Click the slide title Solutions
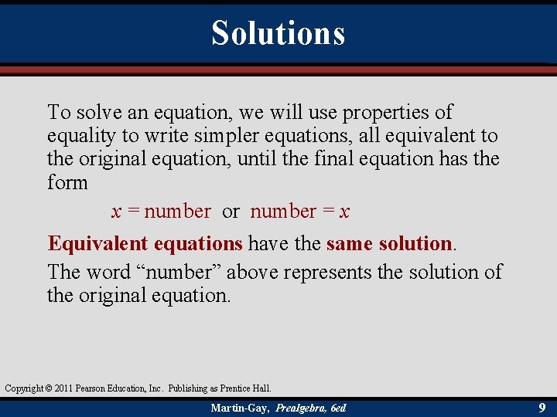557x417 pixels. [278, 33]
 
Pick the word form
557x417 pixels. [67, 183]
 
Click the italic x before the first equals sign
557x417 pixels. [116, 212]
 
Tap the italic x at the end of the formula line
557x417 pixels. [344, 212]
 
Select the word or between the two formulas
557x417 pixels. [231, 212]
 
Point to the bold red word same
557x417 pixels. [350, 244]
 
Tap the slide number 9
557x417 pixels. [542, 407]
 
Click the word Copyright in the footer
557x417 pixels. [22, 388]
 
